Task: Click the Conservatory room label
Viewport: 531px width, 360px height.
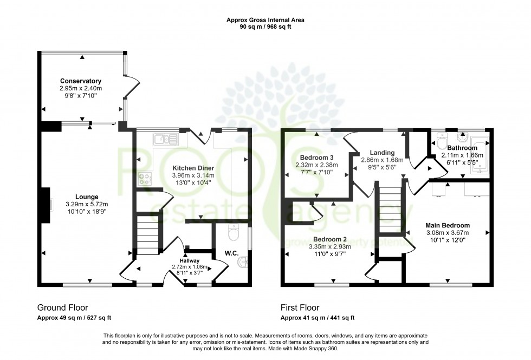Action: click(x=81, y=81)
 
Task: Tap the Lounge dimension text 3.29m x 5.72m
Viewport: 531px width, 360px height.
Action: click(x=87, y=204)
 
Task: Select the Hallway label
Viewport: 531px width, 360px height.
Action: click(x=193, y=261)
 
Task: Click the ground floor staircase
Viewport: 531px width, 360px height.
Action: click(x=148, y=233)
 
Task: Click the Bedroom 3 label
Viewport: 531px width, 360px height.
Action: click(x=316, y=158)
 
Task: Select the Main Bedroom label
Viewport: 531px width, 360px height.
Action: click(x=448, y=225)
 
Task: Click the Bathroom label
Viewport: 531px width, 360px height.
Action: click(x=462, y=148)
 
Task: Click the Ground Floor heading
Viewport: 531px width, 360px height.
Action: click(x=62, y=307)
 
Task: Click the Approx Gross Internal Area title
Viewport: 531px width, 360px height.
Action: click(x=265, y=20)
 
